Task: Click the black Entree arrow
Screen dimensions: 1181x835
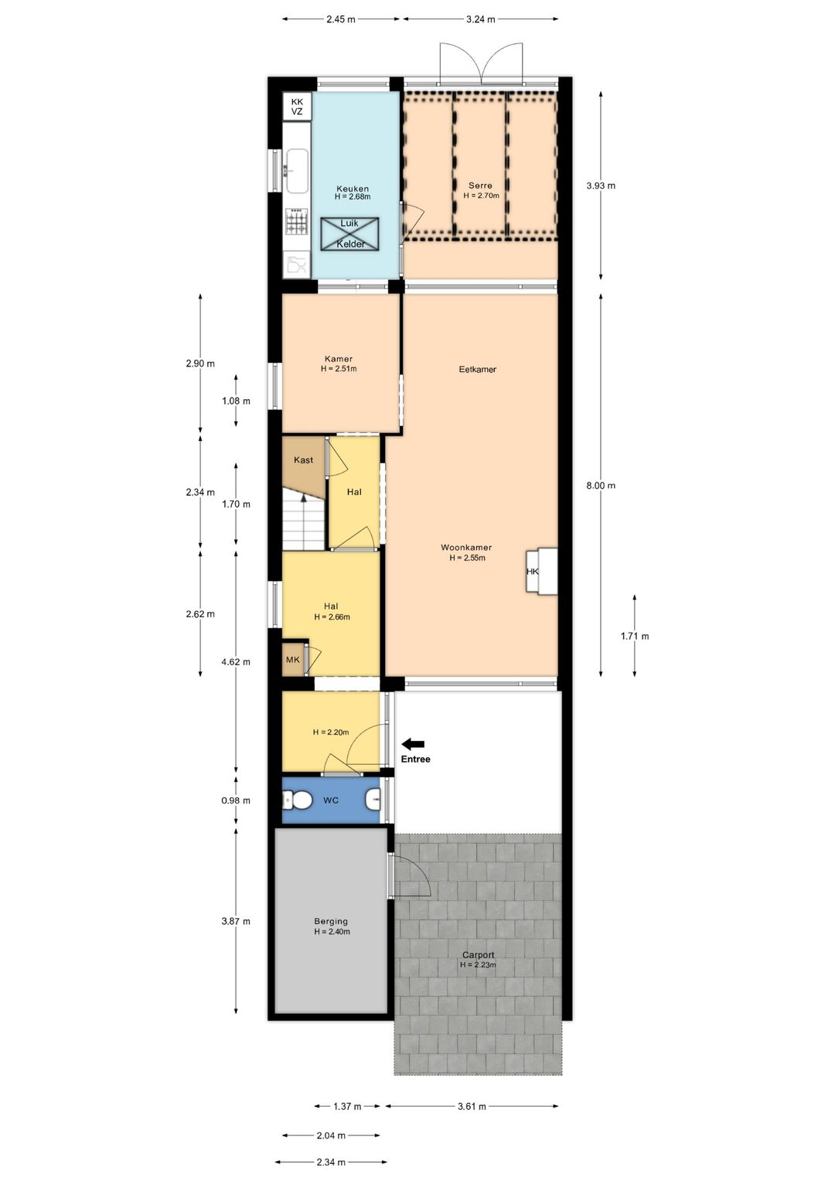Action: pos(413,744)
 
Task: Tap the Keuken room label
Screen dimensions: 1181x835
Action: pos(353,189)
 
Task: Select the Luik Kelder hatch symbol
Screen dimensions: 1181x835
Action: pos(350,234)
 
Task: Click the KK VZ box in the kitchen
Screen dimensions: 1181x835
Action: pos(297,107)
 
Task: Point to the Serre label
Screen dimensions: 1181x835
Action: pos(480,186)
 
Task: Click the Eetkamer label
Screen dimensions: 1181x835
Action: pos(477,370)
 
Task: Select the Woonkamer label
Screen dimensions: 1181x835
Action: pos(466,548)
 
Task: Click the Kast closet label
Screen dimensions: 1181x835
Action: pos(303,460)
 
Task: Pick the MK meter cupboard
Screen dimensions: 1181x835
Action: pos(293,660)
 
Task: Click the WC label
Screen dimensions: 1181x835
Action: pos(331,800)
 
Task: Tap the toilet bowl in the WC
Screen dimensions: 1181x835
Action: pos(298,800)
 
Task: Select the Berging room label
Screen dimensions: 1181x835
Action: pos(331,921)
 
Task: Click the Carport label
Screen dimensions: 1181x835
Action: pos(478,955)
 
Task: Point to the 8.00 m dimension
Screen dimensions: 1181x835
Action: pos(601,486)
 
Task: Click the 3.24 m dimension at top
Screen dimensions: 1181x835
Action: pos(480,19)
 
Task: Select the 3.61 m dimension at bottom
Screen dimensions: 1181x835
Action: pos(472,1107)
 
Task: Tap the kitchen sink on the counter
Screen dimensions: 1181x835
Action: pos(297,170)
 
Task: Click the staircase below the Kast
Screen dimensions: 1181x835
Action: pos(302,523)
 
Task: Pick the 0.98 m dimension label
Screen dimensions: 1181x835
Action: pos(236,800)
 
